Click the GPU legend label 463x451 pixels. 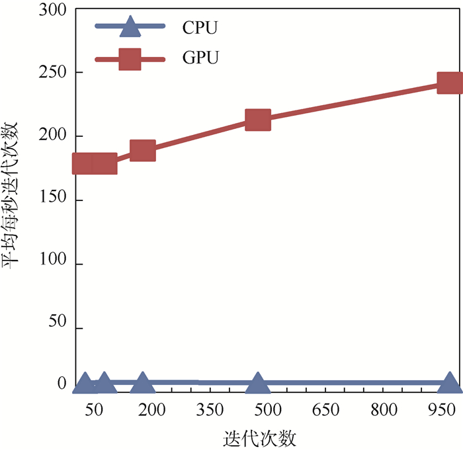click(x=200, y=58)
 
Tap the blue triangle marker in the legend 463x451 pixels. click(x=130, y=27)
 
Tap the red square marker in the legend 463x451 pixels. click(x=130, y=59)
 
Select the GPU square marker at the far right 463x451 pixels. click(x=450, y=83)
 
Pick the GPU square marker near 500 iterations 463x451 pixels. click(x=258, y=120)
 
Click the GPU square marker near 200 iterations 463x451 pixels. click(x=143, y=151)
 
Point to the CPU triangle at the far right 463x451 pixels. click(x=450, y=383)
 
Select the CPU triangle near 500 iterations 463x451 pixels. click(x=258, y=383)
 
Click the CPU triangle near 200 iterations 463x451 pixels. click(x=143, y=382)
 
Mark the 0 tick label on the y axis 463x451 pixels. click(x=62, y=383)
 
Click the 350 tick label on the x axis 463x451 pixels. click(x=210, y=410)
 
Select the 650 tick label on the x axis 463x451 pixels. click(x=326, y=410)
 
